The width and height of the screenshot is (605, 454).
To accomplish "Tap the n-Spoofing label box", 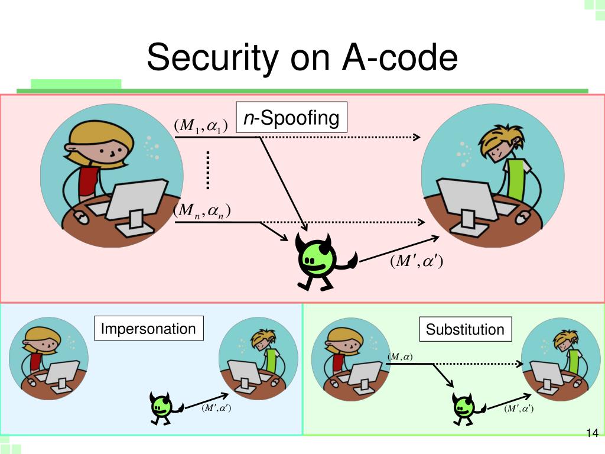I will point(291,118).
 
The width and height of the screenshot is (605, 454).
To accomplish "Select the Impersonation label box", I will point(148,329).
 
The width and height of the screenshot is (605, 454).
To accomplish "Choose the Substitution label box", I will point(466,329).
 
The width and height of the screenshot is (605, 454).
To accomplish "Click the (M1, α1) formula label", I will point(200,126).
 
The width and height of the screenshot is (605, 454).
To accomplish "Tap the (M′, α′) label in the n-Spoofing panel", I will point(416,261).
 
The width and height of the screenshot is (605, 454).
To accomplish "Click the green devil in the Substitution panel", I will point(464,407).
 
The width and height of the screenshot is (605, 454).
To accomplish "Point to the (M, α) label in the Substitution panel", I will point(400,356).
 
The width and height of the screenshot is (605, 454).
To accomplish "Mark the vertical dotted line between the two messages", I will point(209,170).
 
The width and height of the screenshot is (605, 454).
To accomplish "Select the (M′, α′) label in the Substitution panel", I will point(519,408).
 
